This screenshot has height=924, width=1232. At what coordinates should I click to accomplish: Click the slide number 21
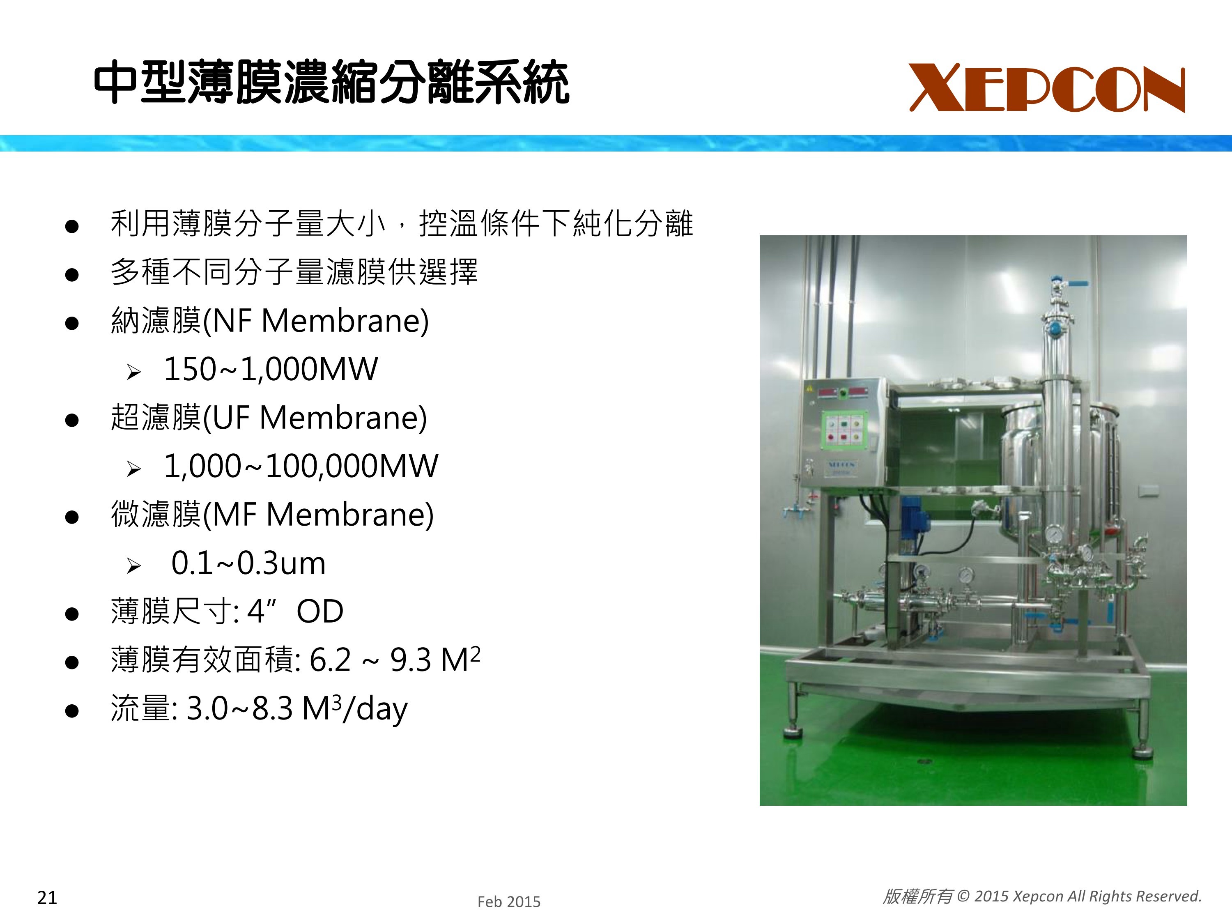tap(47, 897)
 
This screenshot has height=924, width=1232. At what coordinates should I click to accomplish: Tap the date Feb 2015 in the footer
tap(508, 902)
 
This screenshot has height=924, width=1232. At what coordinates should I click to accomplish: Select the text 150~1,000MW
tap(271, 369)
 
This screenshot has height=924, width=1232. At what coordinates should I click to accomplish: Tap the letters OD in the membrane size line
tap(319, 611)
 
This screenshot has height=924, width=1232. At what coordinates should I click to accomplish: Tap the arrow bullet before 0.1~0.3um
tap(133, 566)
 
